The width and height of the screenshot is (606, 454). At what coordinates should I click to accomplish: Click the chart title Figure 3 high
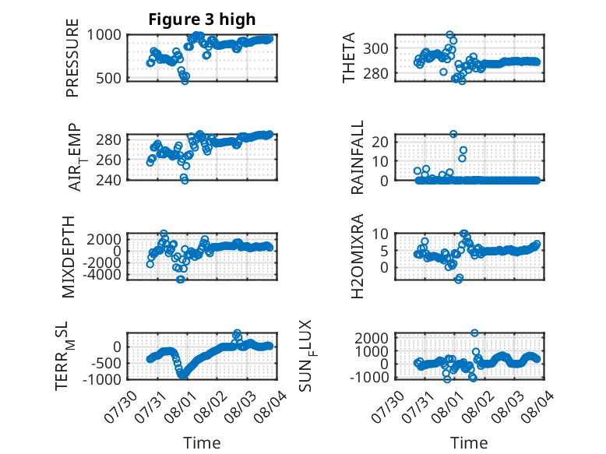pyautogui.click(x=202, y=19)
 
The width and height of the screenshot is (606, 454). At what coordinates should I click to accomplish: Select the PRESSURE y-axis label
pyautogui.click(x=72, y=58)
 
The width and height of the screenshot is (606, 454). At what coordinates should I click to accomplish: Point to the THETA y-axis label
pyautogui.click(x=349, y=58)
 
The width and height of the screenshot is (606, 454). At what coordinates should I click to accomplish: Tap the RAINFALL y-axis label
pyautogui.click(x=357, y=157)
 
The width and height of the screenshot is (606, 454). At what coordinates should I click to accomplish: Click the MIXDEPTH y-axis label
pyautogui.click(x=68, y=256)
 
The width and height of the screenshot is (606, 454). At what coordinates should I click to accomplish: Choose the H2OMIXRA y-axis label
pyautogui.click(x=357, y=256)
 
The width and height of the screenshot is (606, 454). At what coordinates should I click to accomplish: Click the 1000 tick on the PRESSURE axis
pyautogui.click(x=104, y=35)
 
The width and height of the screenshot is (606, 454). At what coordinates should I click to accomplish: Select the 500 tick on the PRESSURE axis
pyautogui.click(x=107, y=78)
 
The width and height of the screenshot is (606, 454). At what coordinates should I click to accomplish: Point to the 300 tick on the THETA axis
pyautogui.click(x=375, y=49)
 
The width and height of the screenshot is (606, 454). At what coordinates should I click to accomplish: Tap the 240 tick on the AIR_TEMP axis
pyautogui.click(x=108, y=180)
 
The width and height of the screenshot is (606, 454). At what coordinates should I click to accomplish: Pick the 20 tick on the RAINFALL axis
pyautogui.click(x=380, y=142)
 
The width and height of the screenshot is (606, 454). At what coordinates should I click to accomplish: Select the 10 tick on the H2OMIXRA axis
pyautogui.click(x=380, y=234)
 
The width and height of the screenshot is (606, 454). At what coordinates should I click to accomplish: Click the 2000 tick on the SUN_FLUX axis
pyautogui.click(x=372, y=338)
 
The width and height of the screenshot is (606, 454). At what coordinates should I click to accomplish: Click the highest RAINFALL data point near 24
pyautogui.click(x=453, y=134)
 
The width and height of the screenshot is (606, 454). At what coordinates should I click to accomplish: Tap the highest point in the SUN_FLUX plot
pyautogui.click(x=474, y=333)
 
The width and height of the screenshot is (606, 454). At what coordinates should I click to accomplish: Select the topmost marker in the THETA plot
pyautogui.click(x=449, y=35)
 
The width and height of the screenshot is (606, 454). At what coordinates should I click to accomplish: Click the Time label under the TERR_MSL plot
pyautogui.click(x=202, y=443)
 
